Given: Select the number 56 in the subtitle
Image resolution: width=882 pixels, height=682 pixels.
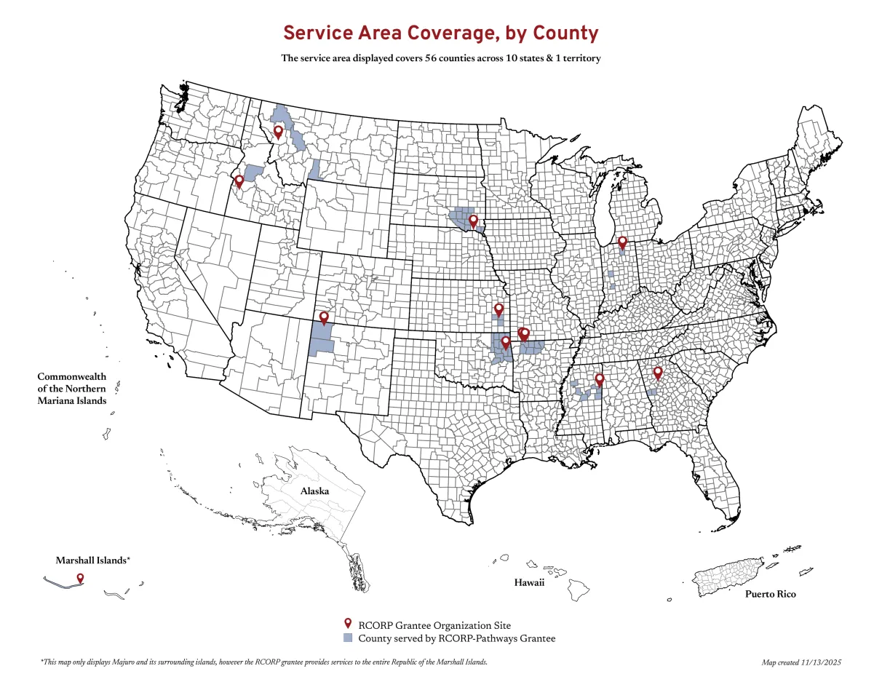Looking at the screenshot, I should (x=434, y=58).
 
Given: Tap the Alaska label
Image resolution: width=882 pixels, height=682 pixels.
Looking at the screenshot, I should (x=314, y=491).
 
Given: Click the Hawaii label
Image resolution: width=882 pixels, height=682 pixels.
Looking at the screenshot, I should (x=529, y=583).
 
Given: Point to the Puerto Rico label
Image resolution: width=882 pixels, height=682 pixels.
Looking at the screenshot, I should (x=770, y=594).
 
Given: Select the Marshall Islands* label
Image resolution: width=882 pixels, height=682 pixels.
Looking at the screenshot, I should (x=93, y=560).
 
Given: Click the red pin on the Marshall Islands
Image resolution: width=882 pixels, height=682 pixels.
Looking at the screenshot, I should (x=80, y=578).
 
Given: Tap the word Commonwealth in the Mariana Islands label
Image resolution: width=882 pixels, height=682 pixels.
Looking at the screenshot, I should (x=72, y=377).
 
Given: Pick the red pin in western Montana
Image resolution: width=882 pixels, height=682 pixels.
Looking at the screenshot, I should (x=278, y=132).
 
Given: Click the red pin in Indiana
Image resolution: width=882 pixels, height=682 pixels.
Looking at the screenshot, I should (x=622, y=242).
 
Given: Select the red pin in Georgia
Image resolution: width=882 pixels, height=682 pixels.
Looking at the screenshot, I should (x=658, y=373).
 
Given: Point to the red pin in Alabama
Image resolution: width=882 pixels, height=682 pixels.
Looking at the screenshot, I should (x=600, y=379).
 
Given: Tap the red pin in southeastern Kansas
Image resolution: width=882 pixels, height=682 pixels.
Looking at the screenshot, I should (x=498, y=309).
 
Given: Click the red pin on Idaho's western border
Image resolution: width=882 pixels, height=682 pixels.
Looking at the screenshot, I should (x=239, y=181).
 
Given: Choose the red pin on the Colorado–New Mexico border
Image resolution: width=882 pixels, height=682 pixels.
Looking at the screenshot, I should (x=324, y=317).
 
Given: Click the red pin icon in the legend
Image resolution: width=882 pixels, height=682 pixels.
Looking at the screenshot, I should (x=348, y=624).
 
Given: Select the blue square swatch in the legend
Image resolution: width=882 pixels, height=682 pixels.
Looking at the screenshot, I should (x=348, y=638).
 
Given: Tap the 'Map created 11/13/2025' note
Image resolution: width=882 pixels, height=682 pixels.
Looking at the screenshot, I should (x=801, y=662).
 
